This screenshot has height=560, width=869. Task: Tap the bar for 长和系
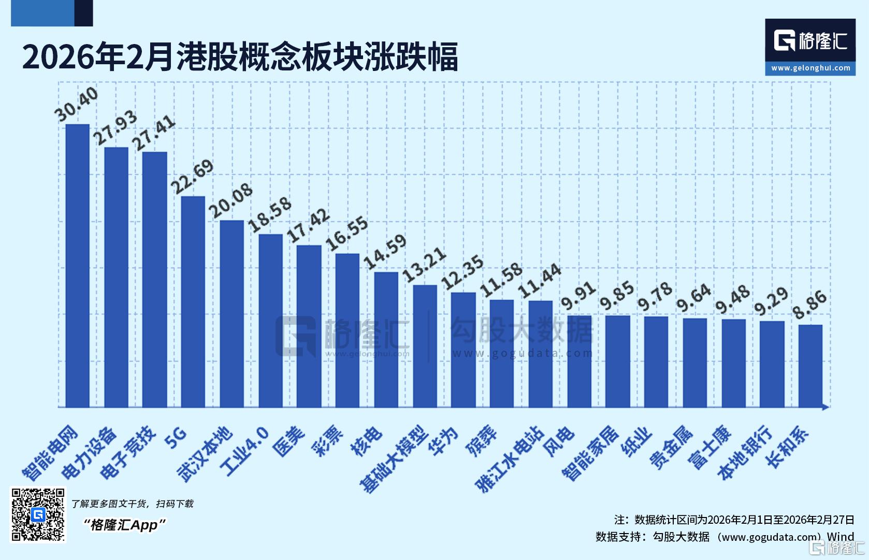(810, 366)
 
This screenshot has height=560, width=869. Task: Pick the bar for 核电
(386, 339)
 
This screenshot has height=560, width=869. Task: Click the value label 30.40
(77, 104)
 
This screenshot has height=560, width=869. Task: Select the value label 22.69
(193, 176)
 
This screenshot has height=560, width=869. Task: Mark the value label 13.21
(424, 265)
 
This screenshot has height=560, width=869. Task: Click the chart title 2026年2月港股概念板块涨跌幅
(240, 56)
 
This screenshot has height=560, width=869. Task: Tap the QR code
(38, 514)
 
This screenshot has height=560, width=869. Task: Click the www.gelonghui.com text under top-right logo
(810, 68)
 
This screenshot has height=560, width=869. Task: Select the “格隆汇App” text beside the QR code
(124, 525)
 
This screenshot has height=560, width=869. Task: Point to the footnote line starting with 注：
(733, 520)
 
